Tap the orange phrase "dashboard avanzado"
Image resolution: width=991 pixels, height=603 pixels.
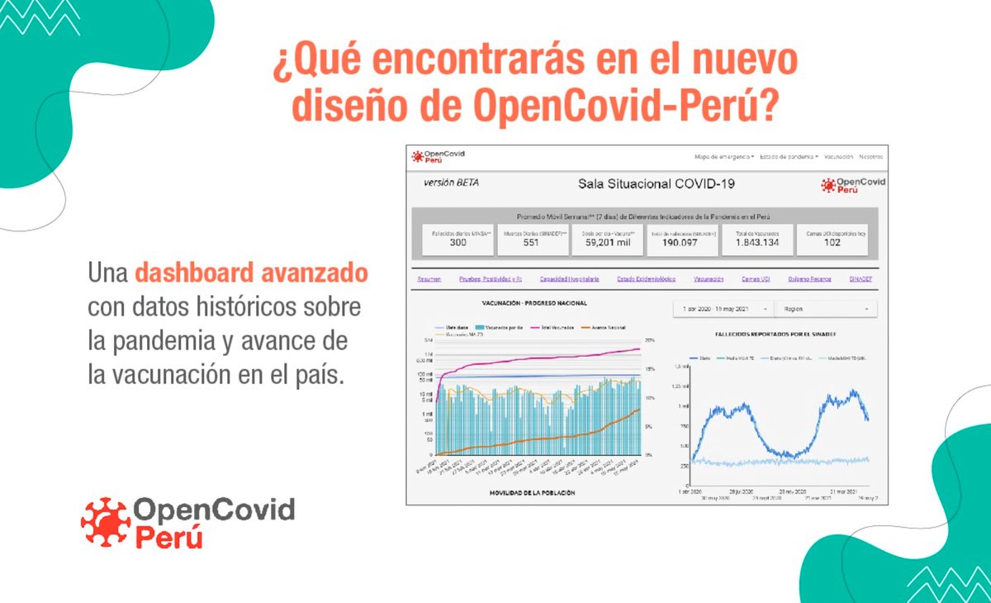coord(251,273)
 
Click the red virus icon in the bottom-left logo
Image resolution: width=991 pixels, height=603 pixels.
coord(105,523)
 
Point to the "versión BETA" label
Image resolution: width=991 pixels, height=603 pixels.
coord(451,183)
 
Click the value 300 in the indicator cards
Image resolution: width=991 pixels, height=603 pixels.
coord(458,242)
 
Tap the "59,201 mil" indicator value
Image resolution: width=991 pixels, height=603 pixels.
coord(607,242)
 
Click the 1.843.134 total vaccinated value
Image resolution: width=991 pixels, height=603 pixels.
coord(757,242)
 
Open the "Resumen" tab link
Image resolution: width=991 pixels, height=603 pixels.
coord(429,279)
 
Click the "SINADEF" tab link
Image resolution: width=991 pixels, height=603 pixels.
coord(861,279)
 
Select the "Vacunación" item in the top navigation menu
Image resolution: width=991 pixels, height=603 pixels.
coord(838,157)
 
